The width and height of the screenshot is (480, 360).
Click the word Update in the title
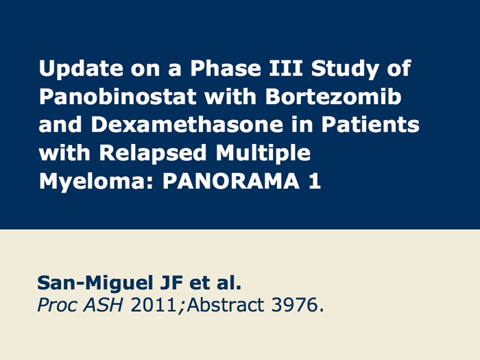click(81, 69)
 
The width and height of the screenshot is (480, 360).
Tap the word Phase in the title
click(226, 68)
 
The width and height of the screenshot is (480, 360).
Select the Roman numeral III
click(286, 68)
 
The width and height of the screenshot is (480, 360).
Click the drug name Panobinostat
click(117, 96)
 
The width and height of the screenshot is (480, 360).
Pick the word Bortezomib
click(333, 96)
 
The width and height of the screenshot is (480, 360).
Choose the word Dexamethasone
click(187, 124)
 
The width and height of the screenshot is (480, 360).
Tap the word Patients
click(370, 124)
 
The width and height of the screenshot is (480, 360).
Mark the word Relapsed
click(153, 154)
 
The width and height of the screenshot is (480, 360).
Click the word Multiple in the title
click(263, 154)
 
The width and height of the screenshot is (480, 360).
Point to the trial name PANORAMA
click(231, 181)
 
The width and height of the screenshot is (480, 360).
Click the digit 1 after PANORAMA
click(315, 181)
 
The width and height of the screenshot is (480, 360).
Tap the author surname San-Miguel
click(95, 283)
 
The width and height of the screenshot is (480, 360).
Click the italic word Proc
click(57, 305)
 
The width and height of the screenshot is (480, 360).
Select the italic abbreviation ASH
click(103, 305)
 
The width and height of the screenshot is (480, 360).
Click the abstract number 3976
click(294, 305)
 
